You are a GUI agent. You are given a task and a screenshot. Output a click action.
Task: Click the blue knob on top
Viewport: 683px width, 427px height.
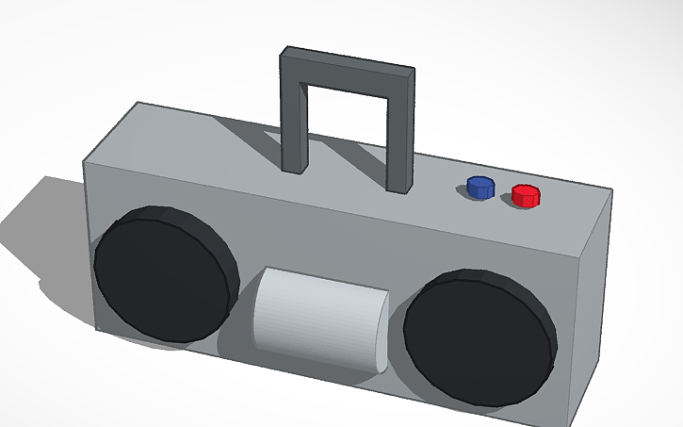click(x=480, y=186)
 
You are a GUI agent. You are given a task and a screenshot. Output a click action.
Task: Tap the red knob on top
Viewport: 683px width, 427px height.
click(x=526, y=195)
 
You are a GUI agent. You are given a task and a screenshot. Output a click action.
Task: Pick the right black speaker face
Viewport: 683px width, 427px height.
click(x=471, y=341)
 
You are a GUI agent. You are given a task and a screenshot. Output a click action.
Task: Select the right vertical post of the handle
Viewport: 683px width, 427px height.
click(x=401, y=141)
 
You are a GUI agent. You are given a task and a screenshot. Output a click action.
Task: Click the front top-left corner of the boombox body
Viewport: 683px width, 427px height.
click(x=85, y=160)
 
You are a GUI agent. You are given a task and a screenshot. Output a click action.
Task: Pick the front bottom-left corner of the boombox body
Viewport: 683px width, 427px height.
click(x=93, y=328)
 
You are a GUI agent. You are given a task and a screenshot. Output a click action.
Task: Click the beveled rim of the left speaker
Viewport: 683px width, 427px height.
click(x=221, y=247)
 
